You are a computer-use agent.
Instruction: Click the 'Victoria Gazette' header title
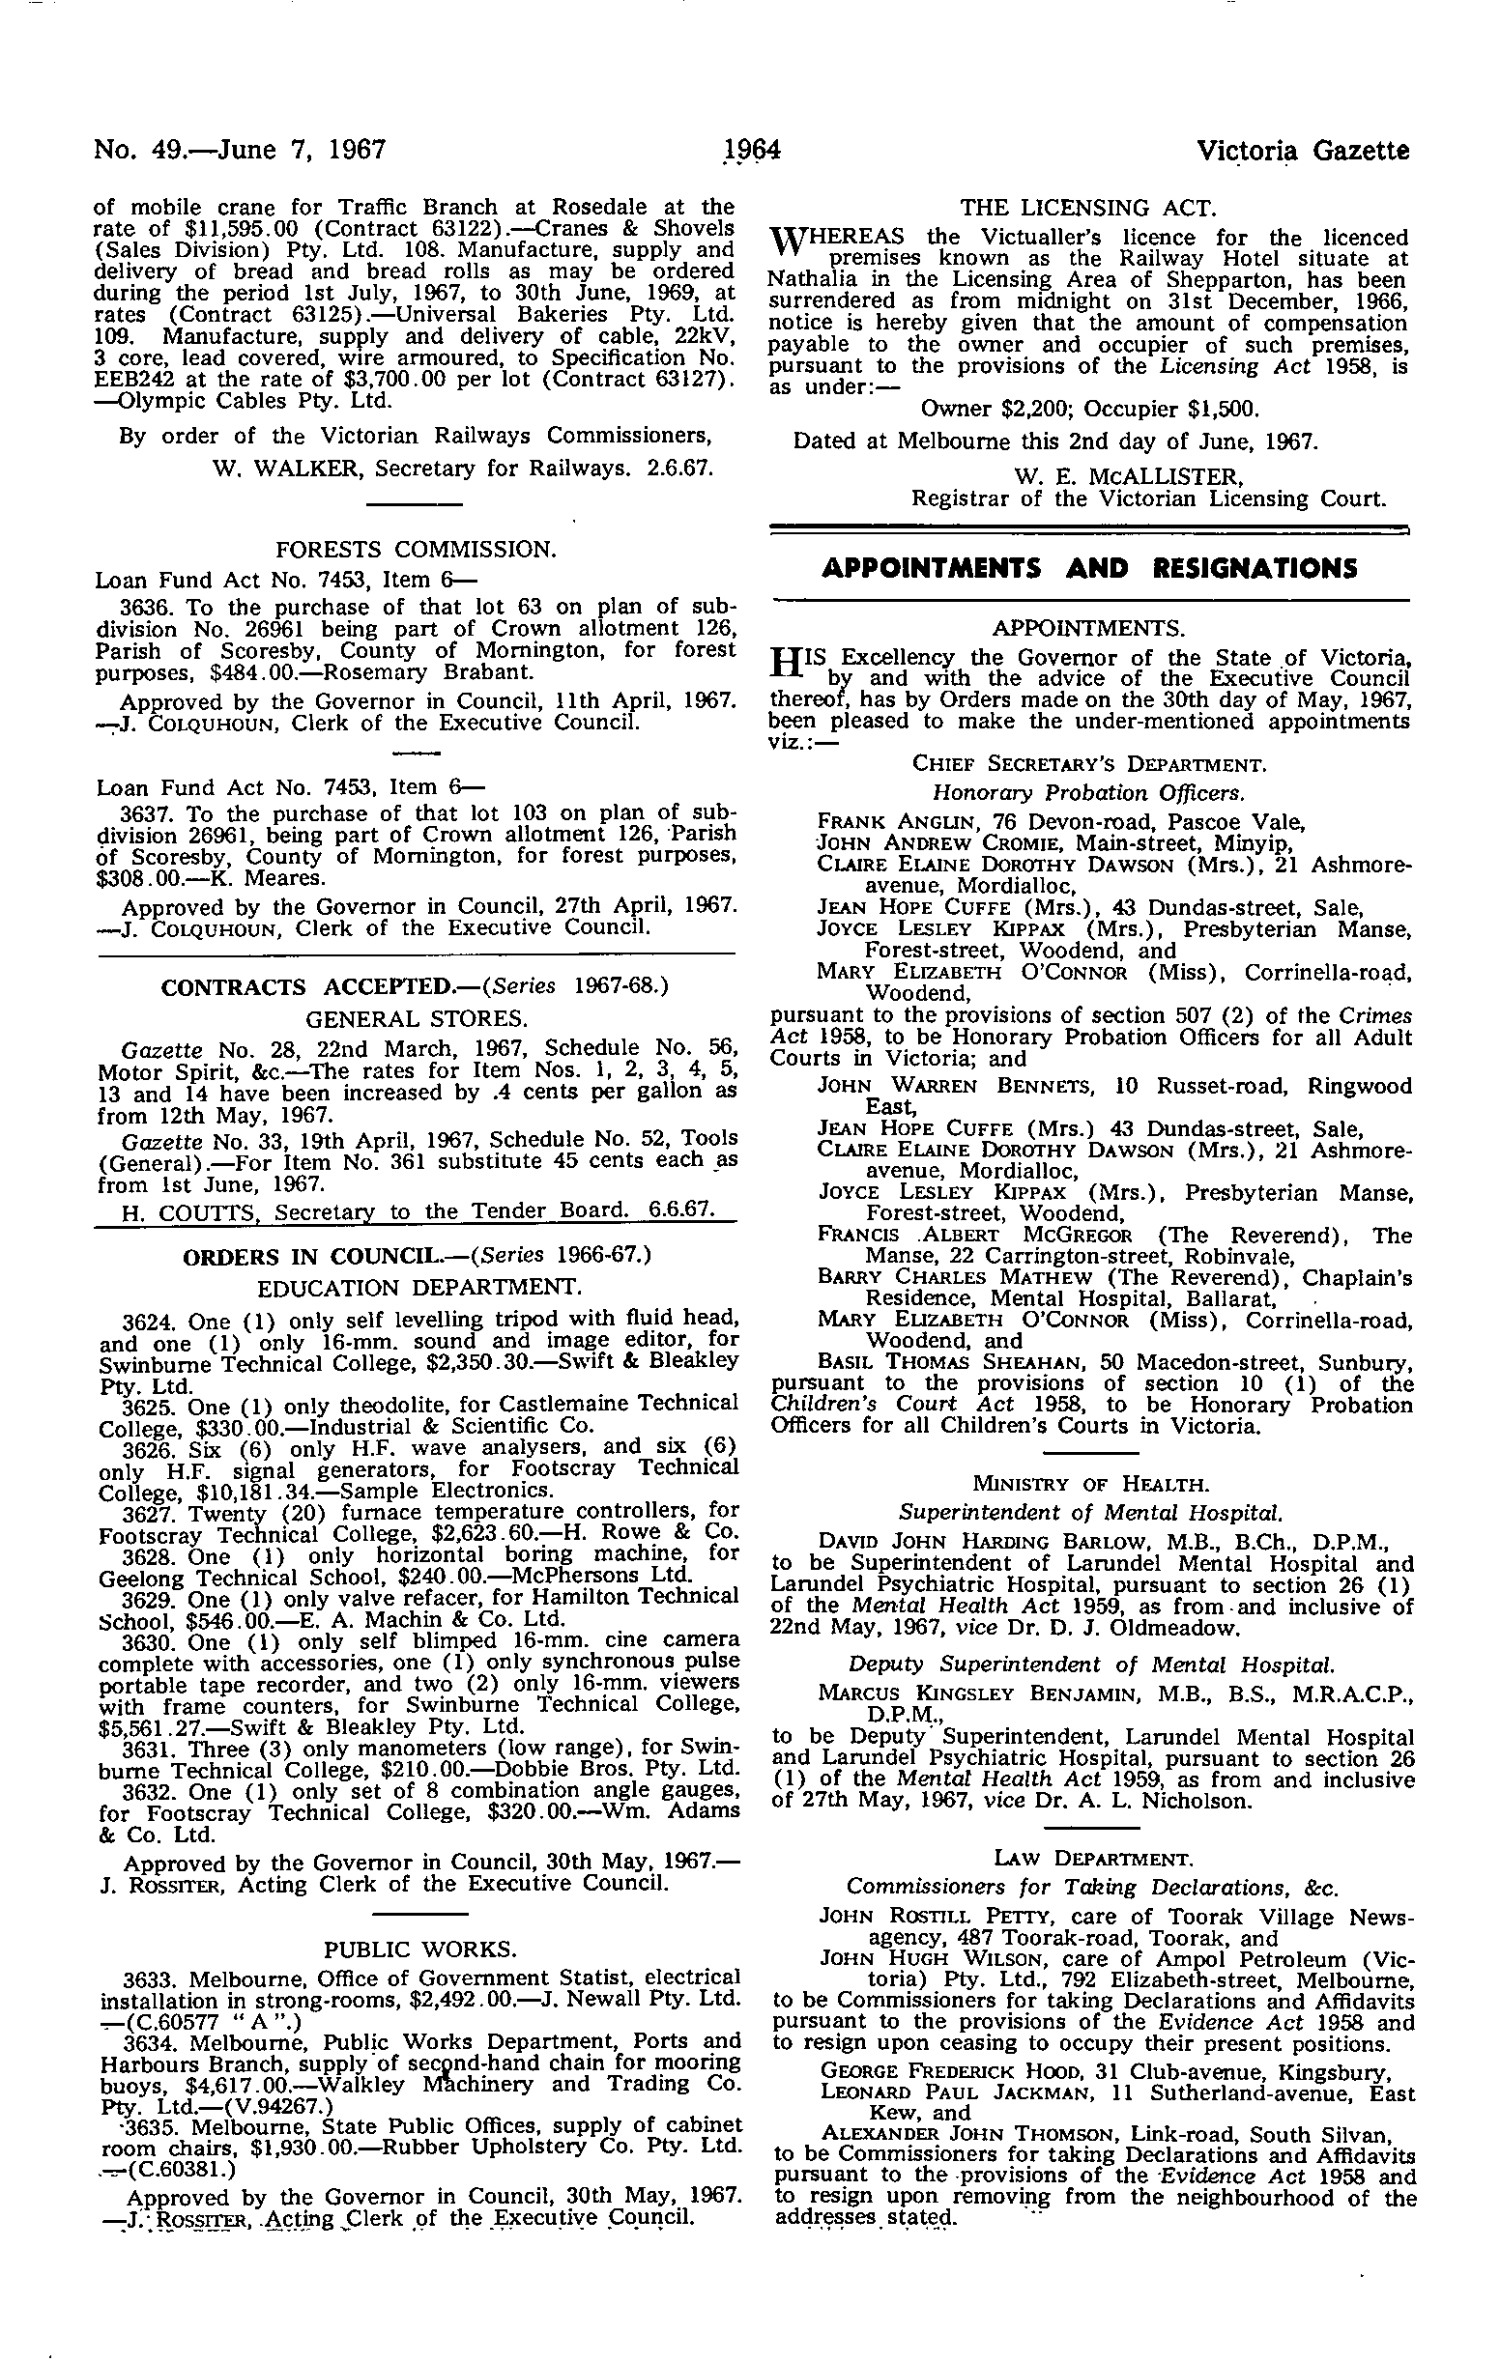[1304, 151]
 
